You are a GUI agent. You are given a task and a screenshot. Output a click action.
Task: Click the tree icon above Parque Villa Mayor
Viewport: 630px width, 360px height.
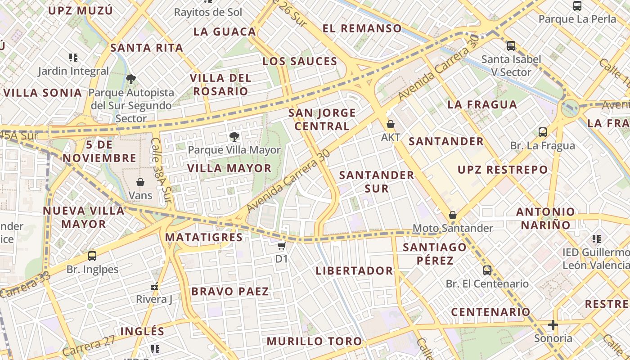click(x=234, y=137)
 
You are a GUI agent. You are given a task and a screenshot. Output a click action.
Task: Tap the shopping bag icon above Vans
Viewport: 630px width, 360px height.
click(x=140, y=182)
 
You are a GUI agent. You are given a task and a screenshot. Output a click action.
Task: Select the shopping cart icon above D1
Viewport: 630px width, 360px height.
click(x=282, y=246)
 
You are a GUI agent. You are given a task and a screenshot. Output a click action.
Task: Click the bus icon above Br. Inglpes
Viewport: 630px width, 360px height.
click(x=92, y=256)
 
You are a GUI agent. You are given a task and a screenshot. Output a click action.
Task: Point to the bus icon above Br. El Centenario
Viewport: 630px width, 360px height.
click(x=487, y=270)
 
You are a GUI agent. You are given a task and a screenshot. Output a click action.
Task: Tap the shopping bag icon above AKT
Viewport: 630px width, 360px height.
click(x=391, y=124)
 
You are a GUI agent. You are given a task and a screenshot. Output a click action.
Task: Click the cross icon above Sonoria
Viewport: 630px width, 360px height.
click(x=553, y=325)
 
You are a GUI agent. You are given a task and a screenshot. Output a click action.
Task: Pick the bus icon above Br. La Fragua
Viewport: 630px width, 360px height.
click(x=543, y=132)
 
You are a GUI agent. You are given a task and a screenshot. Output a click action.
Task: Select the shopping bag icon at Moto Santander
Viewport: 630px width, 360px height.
click(x=453, y=215)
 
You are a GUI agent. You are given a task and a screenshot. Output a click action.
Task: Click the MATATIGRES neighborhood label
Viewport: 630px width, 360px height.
click(x=204, y=237)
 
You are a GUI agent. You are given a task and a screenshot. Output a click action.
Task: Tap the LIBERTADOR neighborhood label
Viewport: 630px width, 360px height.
click(x=354, y=271)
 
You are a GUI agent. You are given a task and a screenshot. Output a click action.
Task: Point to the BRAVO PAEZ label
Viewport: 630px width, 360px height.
click(x=230, y=292)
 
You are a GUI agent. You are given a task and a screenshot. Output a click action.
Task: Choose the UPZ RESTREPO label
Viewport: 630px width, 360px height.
click(x=503, y=170)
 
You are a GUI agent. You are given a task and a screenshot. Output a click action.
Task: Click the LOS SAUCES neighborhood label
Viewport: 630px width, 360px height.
click(x=300, y=62)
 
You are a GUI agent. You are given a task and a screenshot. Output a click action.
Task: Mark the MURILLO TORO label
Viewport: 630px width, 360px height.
click(x=314, y=342)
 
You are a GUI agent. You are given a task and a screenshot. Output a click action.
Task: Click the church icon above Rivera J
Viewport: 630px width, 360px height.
click(x=154, y=286)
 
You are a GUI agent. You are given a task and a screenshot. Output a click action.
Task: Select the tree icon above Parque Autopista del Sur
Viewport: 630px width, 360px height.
click(x=131, y=80)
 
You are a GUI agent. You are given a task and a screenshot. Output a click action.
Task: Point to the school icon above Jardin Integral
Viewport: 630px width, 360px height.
click(x=73, y=58)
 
